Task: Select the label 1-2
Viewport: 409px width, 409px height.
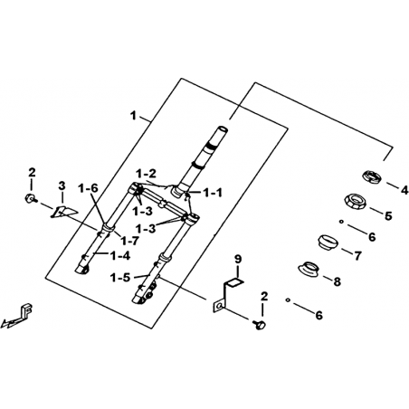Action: click(146, 174)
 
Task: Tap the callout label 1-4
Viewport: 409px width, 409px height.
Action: click(120, 256)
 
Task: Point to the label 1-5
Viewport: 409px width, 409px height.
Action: click(120, 278)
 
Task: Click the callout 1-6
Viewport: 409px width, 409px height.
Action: click(89, 188)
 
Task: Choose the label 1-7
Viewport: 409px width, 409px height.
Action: click(129, 241)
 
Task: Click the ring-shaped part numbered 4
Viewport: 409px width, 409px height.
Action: click(372, 176)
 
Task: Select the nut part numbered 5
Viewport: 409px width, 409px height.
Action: click(356, 201)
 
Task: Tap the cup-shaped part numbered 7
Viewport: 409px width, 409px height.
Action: click(328, 242)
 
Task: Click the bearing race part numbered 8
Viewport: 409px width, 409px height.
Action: click(309, 269)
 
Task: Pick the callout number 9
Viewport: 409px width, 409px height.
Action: click(238, 259)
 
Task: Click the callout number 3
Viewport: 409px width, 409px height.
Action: click(62, 186)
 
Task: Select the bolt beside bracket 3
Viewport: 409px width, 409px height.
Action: click(31, 198)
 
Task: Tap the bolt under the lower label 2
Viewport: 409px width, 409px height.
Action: click(259, 325)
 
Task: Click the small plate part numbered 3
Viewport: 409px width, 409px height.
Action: click(64, 212)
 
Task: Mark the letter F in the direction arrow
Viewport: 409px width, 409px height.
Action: click(26, 309)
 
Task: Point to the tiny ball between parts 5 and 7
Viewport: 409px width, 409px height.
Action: click(341, 222)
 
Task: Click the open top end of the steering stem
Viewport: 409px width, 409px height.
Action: click(223, 128)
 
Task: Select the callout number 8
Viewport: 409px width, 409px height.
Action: click(337, 281)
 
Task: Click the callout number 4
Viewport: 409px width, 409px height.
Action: click(404, 190)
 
